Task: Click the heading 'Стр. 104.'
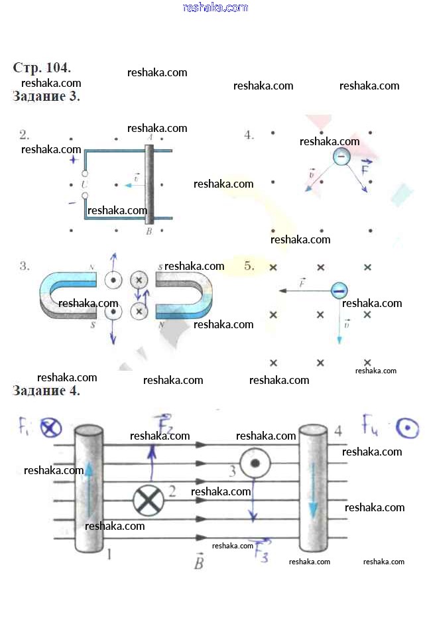(42, 68)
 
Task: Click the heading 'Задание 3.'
(46, 97)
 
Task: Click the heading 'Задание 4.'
(46, 391)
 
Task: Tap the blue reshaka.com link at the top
(215, 7)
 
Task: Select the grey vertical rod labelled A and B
(150, 184)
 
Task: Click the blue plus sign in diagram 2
(74, 160)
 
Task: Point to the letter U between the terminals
(84, 184)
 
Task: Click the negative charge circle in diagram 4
(341, 156)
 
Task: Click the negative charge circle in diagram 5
(339, 290)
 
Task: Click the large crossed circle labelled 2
(148, 500)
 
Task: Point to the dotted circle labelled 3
(253, 464)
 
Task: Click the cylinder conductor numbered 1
(89, 489)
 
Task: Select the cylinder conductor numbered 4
(313, 489)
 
